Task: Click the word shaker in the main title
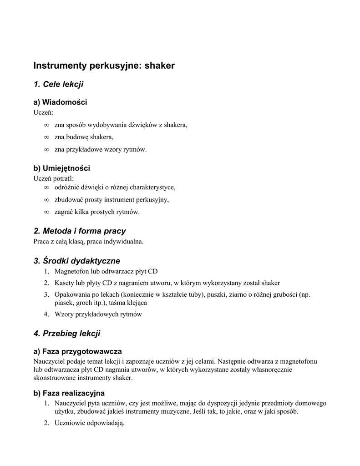coord(160,66)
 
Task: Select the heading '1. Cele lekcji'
coord(58,84)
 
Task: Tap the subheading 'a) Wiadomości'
coord(60,102)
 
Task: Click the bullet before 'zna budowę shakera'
coord(46,137)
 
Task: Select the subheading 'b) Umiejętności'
coord(62,168)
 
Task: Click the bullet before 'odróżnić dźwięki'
coord(46,187)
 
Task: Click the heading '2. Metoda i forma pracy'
coord(80,231)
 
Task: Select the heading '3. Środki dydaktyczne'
coord(77,261)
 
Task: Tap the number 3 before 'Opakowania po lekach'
coord(46,295)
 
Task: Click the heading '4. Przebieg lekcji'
coord(67,334)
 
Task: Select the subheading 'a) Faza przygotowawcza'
coord(77,351)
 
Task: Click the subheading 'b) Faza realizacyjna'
coord(69,393)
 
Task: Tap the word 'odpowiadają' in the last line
coord(105,423)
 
